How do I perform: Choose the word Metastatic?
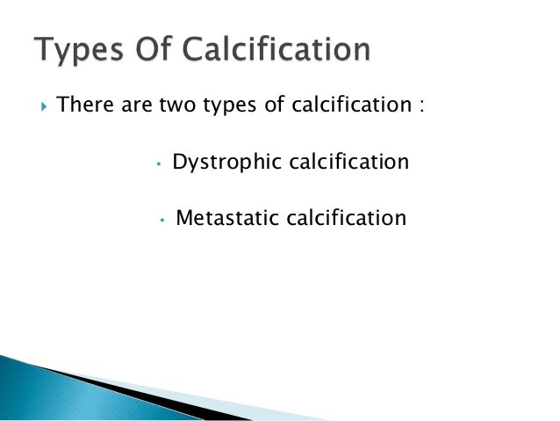click(225, 217)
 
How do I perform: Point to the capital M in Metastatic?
click(184, 217)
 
